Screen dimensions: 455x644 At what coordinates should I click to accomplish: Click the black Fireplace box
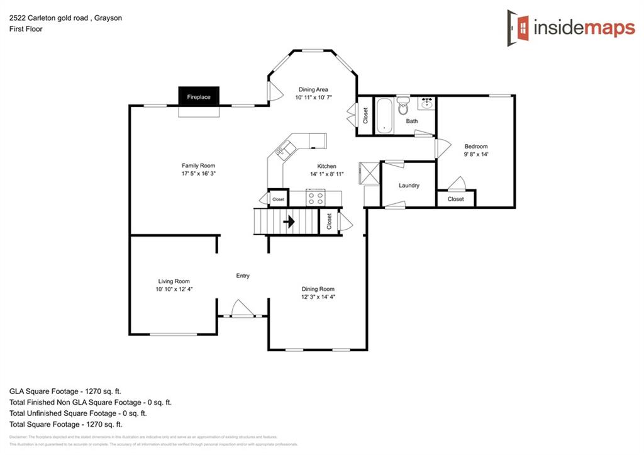coord(199,96)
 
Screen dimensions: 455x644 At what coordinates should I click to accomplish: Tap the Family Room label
coord(198,166)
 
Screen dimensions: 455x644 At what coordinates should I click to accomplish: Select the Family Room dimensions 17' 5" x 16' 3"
coord(198,173)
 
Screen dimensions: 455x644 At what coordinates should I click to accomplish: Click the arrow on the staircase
coord(289,222)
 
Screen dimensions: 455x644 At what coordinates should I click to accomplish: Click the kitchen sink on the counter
coord(285,150)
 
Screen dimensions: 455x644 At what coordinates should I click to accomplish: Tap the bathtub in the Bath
coord(384,116)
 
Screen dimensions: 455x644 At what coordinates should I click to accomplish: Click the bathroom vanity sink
coord(427,103)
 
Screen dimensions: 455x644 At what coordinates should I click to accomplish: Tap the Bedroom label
coord(475,147)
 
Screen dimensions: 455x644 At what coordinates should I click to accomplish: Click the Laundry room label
coord(409,186)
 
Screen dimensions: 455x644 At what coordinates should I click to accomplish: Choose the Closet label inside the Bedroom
coord(455,199)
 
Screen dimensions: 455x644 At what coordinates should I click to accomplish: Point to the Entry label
coord(243,276)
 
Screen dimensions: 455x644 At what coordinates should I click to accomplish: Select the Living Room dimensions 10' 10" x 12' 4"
coord(173,289)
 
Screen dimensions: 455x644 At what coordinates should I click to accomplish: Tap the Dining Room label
coord(318,289)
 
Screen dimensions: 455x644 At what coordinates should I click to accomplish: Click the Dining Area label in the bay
coord(313,89)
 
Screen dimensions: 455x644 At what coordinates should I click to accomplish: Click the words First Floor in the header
coord(26,29)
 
